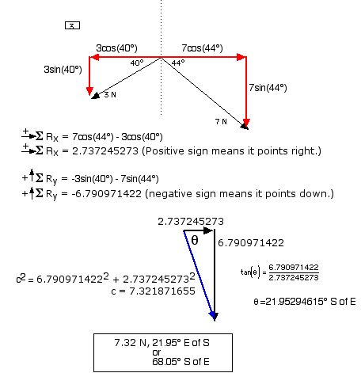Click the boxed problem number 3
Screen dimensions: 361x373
point(72,25)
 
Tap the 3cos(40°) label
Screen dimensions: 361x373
point(116,48)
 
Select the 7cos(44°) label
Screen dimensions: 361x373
point(202,48)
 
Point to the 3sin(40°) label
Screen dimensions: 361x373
point(63,70)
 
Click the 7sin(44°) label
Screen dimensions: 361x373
point(268,87)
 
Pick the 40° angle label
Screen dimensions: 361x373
point(137,63)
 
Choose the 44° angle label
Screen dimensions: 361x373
point(178,63)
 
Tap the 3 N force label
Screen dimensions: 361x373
point(110,95)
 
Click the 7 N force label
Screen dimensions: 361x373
point(221,122)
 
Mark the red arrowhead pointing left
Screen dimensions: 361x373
point(94,57)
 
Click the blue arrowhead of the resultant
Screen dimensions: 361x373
point(214,316)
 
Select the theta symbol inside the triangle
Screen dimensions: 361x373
point(195,240)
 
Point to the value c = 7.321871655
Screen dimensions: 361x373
point(154,291)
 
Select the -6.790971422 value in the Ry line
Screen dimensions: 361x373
point(107,194)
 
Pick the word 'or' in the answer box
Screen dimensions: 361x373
point(157,352)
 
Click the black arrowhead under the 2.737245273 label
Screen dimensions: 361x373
point(208,230)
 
